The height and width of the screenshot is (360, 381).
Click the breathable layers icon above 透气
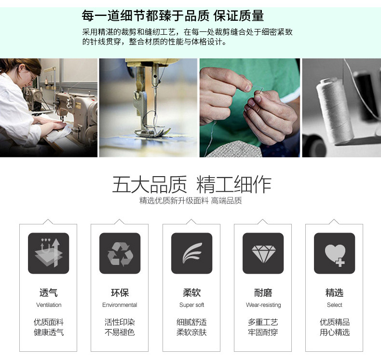coord(48,253)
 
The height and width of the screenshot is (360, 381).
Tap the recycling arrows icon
coord(120,253)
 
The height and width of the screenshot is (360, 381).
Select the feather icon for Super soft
coord(191,253)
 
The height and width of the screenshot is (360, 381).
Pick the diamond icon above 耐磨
coord(263,253)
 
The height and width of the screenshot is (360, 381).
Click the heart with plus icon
coord(334,253)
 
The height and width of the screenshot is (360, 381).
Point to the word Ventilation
coord(49,305)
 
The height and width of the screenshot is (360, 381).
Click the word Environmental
coord(120,305)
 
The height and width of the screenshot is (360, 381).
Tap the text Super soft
coord(191,305)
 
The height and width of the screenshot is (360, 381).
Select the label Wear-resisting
coord(263,305)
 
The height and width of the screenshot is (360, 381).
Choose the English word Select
coord(334,305)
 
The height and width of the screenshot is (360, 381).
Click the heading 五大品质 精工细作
coord(191,185)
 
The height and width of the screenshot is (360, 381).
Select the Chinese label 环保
coord(120,292)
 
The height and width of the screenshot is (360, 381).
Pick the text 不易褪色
coord(120,332)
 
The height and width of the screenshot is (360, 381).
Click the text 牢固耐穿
coord(263,332)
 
